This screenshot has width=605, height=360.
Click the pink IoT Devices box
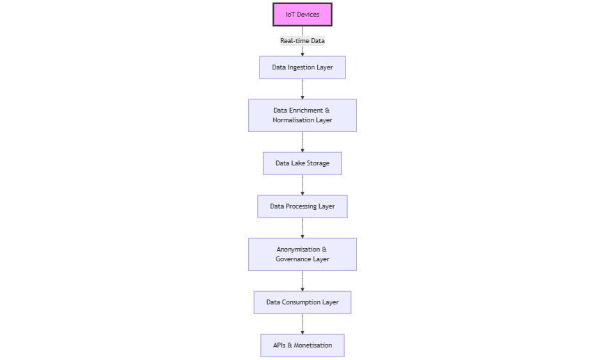pos(302,15)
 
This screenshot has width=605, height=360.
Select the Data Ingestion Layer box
pos(302,67)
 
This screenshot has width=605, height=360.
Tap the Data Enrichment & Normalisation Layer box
pos(302,115)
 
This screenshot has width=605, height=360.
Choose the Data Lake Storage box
pos(302,163)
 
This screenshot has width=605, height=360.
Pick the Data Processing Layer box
pos(302,206)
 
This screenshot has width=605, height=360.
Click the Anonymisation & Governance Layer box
pos(302,254)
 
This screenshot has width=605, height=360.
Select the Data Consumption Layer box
pos(302,302)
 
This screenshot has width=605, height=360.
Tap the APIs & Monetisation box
pos(302,345)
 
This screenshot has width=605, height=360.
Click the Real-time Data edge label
pos(302,41)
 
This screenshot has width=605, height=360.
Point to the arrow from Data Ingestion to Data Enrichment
pos(302,89)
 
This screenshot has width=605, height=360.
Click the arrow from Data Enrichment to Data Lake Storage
pos(302,142)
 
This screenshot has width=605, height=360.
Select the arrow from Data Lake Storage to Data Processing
pos(302,185)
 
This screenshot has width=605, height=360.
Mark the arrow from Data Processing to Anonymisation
pos(302,228)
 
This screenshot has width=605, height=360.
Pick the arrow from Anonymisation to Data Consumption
pos(302,281)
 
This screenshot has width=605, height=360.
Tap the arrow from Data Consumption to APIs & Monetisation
pos(302,324)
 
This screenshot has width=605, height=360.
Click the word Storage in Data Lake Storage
pos(318,163)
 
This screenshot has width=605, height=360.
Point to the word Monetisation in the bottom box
pos(313,345)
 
